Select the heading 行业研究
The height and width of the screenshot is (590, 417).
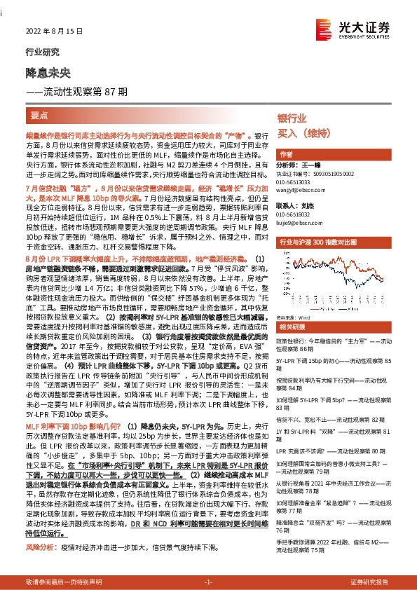[x=38, y=53]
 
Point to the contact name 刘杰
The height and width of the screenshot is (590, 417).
[x=308, y=205]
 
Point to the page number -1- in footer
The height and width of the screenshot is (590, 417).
[x=208, y=582]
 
